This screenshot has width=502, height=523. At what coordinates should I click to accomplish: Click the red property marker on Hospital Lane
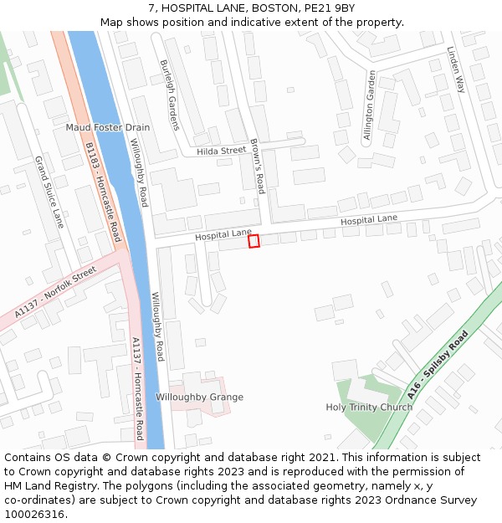click(x=254, y=241)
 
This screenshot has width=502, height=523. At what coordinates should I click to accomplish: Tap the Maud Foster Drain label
click(x=108, y=127)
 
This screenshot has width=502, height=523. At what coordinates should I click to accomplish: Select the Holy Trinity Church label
click(x=369, y=408)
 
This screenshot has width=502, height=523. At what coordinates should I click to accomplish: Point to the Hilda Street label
click(x=222, y=151)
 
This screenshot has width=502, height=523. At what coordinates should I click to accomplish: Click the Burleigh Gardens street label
click(x=169, y=95)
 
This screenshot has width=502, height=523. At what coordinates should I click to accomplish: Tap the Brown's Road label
click(x=258, y=166)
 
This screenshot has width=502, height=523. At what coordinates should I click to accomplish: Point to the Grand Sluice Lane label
click(x=49, y=192)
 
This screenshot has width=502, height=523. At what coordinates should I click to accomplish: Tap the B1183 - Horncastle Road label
click(x=103, y=192)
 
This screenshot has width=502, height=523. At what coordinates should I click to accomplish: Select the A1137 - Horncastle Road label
click(x=137, y=388)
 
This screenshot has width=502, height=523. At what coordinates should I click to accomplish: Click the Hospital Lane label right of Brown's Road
click(x=369, y=219)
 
